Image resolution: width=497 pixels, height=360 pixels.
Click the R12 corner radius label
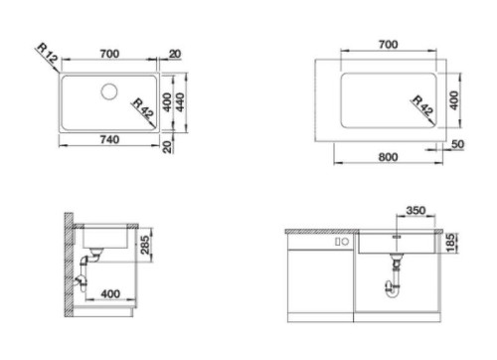pos(48,53)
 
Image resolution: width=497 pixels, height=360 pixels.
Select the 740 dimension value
pos(109,139)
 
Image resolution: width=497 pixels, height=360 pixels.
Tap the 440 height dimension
pos(180,102)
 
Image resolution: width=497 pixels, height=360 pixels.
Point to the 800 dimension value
pos(388,157)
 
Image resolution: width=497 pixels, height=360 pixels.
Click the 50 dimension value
pos(457,144)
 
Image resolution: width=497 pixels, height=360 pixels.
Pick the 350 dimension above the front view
pos(415,210)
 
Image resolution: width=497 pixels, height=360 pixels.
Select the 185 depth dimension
pos(450,243)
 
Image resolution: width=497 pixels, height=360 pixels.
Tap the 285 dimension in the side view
pos(145,245)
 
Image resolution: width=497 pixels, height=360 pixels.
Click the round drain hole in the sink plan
pos(109,91)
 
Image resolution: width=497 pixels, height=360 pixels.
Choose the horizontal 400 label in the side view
pos(110,293)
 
